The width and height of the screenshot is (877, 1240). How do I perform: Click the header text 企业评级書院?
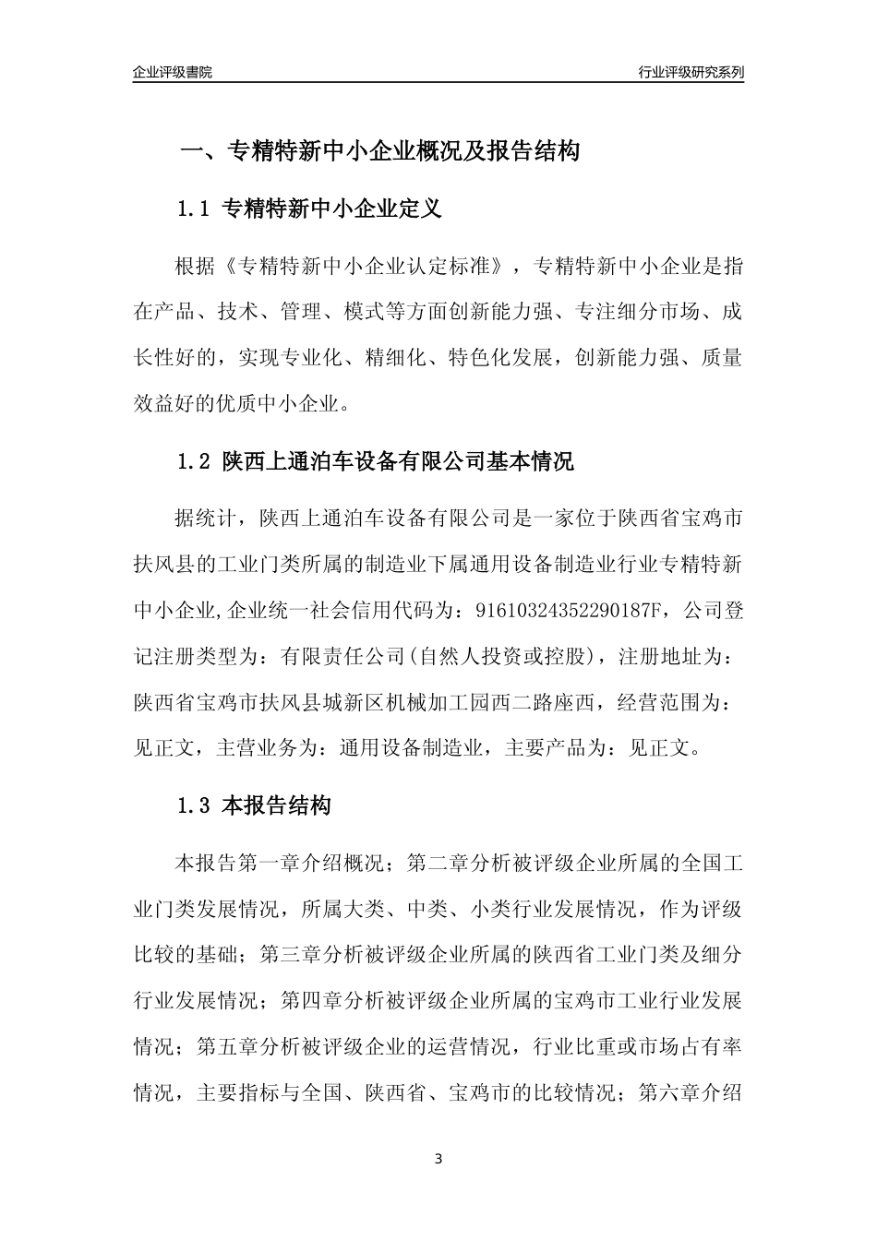click(x=172, y=72)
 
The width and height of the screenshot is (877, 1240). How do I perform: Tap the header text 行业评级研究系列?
click(x=691, y=72)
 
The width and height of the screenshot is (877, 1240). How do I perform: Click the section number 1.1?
click(x=195, y=209)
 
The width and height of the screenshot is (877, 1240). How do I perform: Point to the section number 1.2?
click(x=195, y=461)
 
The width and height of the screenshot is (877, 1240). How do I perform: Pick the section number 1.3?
click(x=195, y=806)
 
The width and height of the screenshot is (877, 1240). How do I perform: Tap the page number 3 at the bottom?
click(x=438, y=1159)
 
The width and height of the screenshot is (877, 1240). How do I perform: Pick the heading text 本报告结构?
click(x=277, y=806)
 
